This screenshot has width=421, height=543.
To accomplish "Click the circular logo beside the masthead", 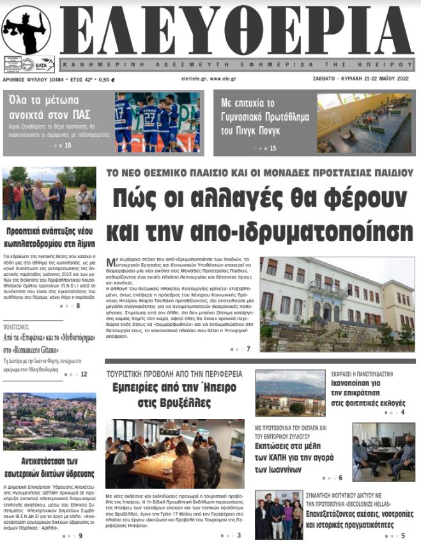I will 26,29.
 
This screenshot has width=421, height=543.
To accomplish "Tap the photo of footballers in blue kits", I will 157,122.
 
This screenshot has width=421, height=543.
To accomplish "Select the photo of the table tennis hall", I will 364,123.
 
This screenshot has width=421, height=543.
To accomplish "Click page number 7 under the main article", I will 248,349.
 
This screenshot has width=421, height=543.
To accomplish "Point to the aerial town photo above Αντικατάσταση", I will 49,421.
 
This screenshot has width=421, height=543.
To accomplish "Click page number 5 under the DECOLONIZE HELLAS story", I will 402,535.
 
